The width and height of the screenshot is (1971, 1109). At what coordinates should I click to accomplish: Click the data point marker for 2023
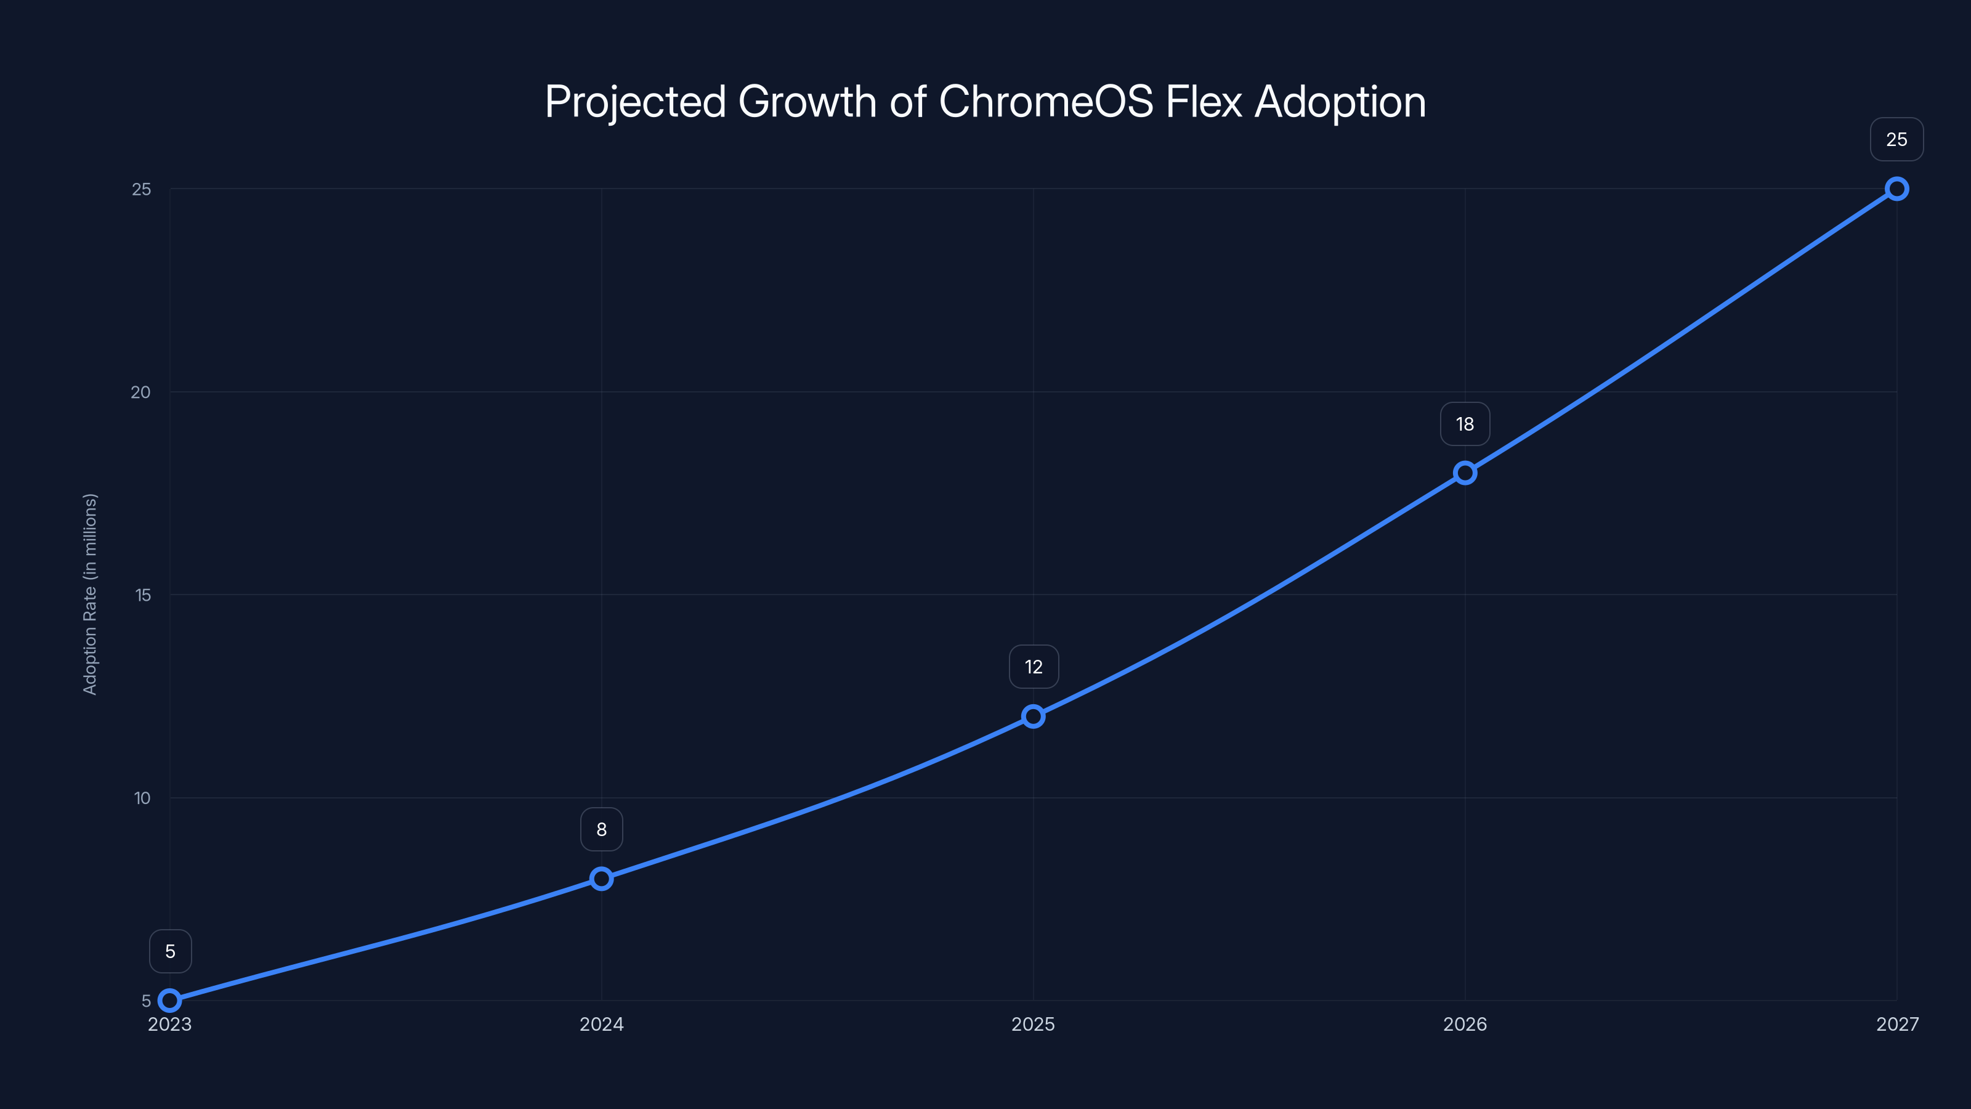pos(170,1001)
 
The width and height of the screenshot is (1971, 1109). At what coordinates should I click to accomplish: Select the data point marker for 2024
pos(601,879)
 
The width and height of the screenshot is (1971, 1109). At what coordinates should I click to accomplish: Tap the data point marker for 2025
pos(1033,717)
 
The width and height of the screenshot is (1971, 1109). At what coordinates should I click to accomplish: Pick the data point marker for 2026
pos(1465,473)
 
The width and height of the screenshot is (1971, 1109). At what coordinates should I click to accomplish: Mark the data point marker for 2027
pos(1896,189)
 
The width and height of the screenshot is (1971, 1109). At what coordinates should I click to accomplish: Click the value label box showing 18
pos(1465,424)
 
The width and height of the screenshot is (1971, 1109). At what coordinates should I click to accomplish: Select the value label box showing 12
pos(1033,667)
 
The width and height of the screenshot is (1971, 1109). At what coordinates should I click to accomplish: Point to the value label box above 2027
pos(1896,139)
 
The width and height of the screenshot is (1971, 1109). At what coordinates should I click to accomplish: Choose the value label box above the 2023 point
pos(170,951)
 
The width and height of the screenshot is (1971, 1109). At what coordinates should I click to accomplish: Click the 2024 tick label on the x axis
pos(601,1024)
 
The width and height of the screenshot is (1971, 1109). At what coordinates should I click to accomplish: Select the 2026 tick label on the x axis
pos(1465,1024)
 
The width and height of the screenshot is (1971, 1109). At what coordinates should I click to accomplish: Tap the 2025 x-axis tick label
pos(1033,1024)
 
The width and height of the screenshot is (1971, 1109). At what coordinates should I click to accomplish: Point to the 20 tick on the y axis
pos(141,392)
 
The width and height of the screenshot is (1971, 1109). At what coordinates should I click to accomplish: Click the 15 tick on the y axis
pos(142,595)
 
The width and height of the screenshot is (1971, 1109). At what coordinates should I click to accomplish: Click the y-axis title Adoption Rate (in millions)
pos(91,594)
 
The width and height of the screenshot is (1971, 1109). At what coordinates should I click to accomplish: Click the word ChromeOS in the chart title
pos(1045,102)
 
